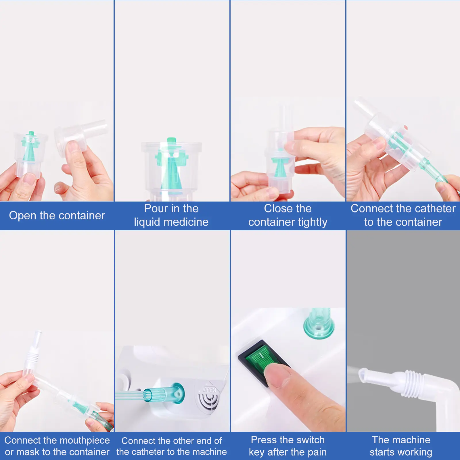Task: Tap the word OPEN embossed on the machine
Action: [x=209, y=390]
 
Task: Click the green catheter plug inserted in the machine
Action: [x=164, y=393]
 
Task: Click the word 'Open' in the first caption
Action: [x=23, y=216]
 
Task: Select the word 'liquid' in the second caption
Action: [x=148, y=222]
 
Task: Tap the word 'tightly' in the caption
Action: [x=313, y=222]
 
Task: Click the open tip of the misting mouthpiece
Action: [x=363, y=375]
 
